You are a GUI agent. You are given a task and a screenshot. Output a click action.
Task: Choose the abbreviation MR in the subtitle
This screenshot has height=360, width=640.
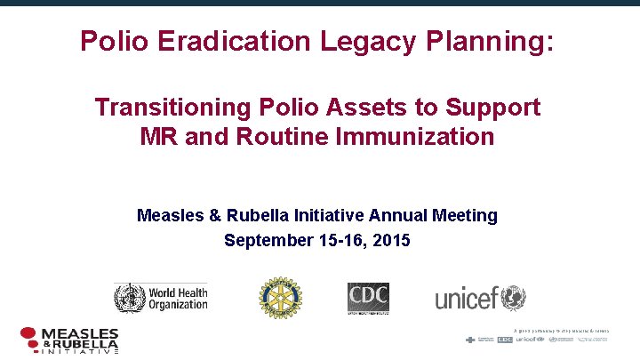(x=161, y=137)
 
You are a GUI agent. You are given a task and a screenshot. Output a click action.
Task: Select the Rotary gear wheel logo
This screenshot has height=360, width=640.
(x=280, y=297)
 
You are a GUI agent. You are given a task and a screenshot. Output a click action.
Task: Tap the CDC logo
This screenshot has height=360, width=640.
(x=368, y=297)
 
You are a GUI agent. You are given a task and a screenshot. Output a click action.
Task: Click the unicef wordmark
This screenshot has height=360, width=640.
(x=466, y=299)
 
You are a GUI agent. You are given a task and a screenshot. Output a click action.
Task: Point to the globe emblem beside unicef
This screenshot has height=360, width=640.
(x=513, y=297)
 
